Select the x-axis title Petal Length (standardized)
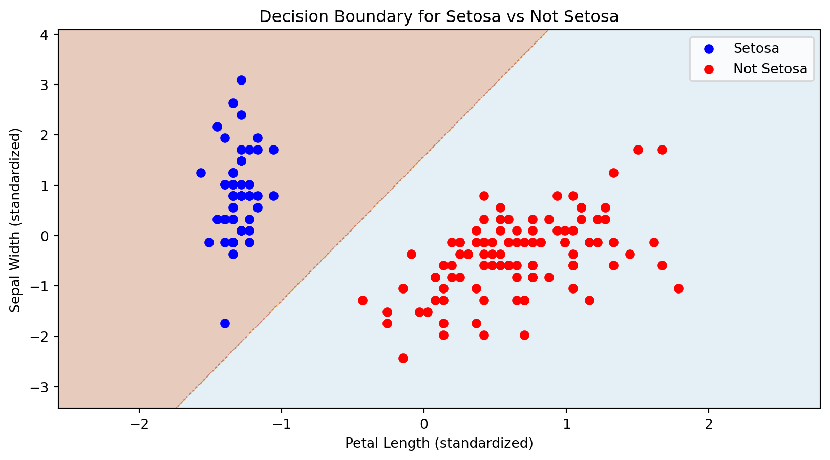point(439,443)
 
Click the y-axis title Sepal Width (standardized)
point(15,220)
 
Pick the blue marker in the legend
point(709,49)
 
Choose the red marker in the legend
point(709,69)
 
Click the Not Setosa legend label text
point(770,69)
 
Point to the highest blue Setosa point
point(241,80)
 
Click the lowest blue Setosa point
point(225,323)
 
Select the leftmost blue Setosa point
point(201,173)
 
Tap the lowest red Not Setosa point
point(403,358)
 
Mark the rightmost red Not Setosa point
point(678,288)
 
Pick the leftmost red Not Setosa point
point(363,300)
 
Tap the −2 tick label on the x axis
point(139,425)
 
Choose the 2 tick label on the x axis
point(709,425)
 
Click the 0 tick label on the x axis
point(424,425)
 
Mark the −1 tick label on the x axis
point(281,425)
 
